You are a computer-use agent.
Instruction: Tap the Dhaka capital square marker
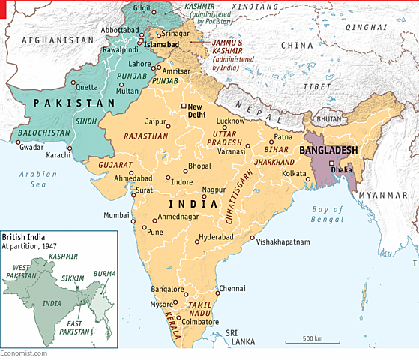[331, 162]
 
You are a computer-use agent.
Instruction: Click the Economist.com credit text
[23, 353]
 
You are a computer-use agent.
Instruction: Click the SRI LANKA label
[243, 335]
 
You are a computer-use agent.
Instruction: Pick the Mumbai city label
[116, 215]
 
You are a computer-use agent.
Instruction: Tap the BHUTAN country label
[328, 119]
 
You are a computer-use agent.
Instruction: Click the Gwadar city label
[32, 148]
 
